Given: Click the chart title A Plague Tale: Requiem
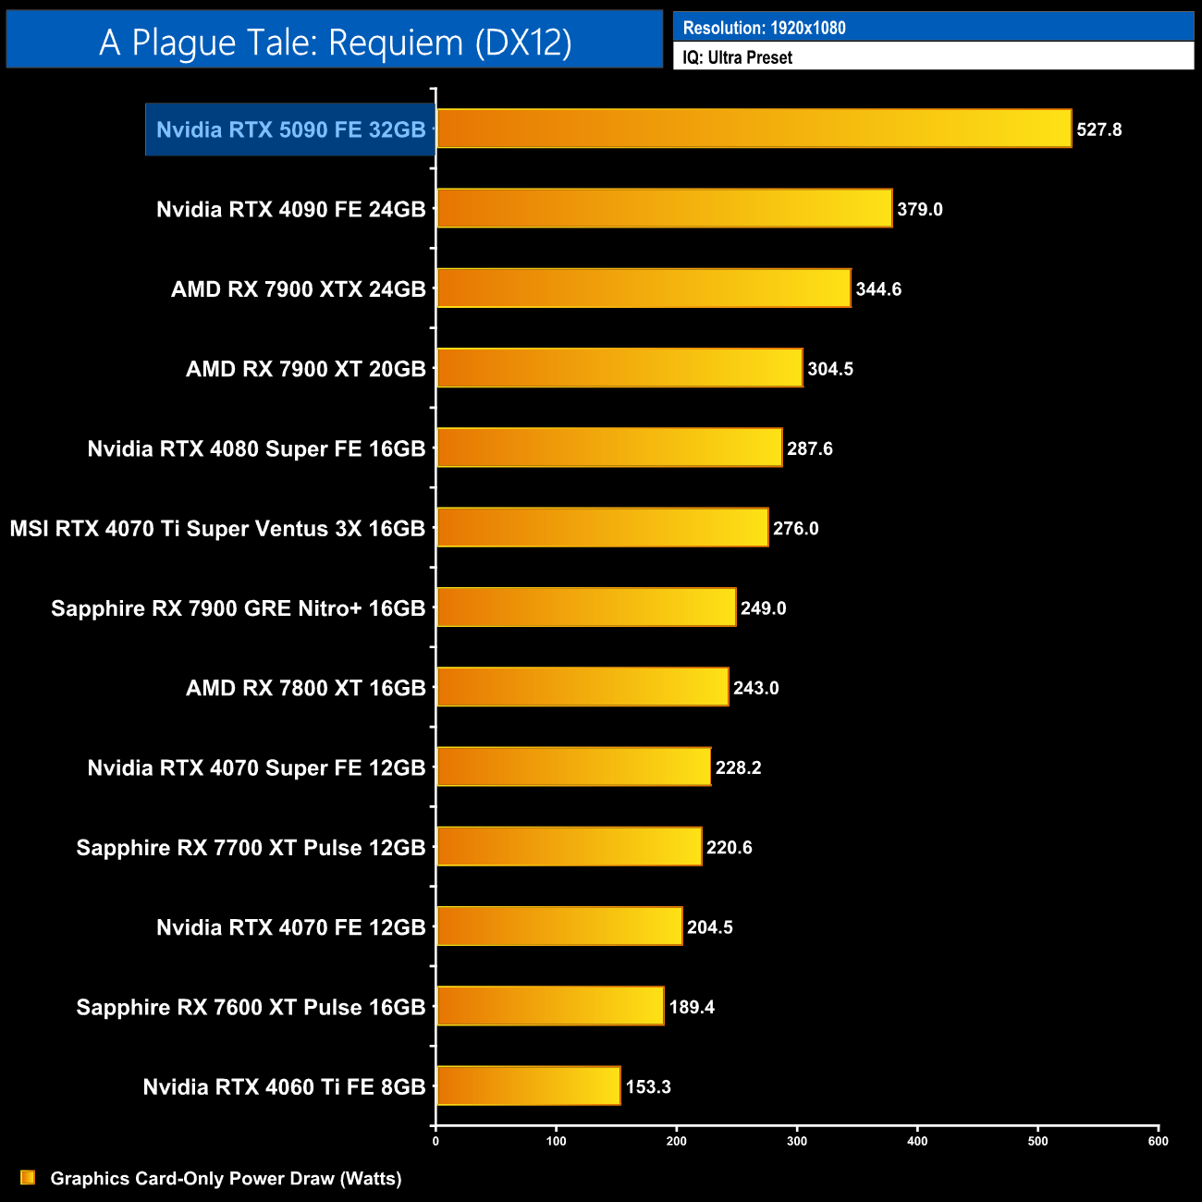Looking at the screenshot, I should click(335, 43).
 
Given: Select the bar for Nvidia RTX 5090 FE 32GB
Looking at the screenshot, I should click(754, 129).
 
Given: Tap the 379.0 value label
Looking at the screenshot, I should click(920, 209).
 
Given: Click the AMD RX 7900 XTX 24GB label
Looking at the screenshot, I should click(298, 289).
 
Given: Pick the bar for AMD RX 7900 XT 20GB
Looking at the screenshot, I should click(619, 368).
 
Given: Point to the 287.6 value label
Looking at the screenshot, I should click(810, 448).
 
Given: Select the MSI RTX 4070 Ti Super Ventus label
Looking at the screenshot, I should click(217, 529).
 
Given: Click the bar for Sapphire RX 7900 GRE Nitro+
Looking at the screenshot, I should click(586, 607).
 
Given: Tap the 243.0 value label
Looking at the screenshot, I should click(756, 688).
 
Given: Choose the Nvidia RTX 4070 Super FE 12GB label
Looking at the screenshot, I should click(256, 767).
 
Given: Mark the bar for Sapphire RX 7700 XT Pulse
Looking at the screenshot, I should click(569, 847).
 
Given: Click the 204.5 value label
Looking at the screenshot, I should click(710, 927).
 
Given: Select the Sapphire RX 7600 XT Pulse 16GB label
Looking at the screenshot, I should click(251, 1007).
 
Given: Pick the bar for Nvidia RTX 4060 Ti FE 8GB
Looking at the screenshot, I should click(528, 1085).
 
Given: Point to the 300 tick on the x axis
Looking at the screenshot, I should click(797, 1141).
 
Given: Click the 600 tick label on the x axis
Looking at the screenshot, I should click(1158, 1141).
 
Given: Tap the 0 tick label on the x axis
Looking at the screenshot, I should click(435, 1141).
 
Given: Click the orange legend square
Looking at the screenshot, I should click(28, 1177).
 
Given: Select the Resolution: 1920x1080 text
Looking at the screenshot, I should click(764, 28).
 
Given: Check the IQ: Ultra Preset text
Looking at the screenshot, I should click(737, 57).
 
